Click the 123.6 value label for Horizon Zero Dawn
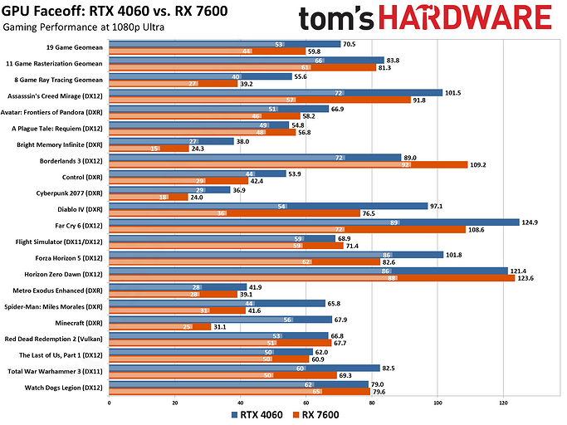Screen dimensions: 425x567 pos(530,278)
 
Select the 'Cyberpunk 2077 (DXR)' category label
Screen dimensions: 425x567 pos(72,190)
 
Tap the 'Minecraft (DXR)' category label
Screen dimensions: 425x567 pos(82,320)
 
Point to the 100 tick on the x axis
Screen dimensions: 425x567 pos(437,403)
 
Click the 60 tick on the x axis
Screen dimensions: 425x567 pos(306,403)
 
